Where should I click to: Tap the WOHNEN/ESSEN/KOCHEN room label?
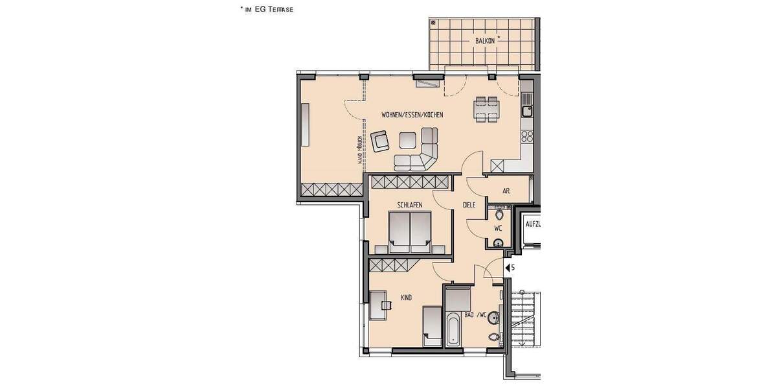tap(412, 115)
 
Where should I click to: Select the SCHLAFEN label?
tap(410, 205)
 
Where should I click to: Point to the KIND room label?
tap(407, 298)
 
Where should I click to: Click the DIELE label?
tap(469, 205)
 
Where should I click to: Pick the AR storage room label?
tap(506, 191)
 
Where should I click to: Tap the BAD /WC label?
tap(475, 315)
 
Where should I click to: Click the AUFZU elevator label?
tap(533, 224)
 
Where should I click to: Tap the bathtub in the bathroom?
tap(454, 329)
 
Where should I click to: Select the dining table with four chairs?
tap(486, 109)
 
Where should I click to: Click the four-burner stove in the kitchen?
tap(526, 137)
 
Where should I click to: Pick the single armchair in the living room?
tap(380, 141)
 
